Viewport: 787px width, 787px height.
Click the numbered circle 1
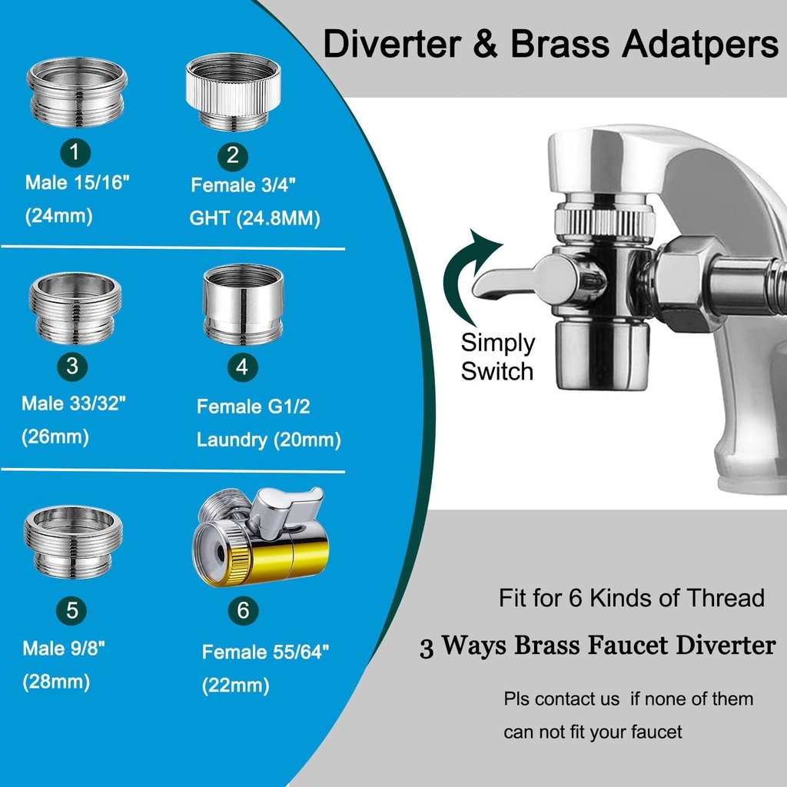pos(75,152)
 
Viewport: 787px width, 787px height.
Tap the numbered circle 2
pos(232,157)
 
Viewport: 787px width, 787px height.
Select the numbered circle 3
pos(72,367)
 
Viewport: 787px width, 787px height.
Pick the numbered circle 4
pos(242,367)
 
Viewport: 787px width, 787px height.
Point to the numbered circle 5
pos(72,611)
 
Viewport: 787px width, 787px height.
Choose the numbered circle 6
pos(243,611)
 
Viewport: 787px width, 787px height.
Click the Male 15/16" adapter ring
pos(78,93)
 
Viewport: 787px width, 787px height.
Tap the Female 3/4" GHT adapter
pos(233,91)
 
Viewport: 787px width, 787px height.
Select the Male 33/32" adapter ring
pos(75,307)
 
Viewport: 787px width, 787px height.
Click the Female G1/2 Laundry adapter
pos(243,303)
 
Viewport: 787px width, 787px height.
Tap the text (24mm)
pos(59,216)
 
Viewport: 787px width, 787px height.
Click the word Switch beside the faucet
pos(496,372)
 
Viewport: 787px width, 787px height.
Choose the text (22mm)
pos(235,685)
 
